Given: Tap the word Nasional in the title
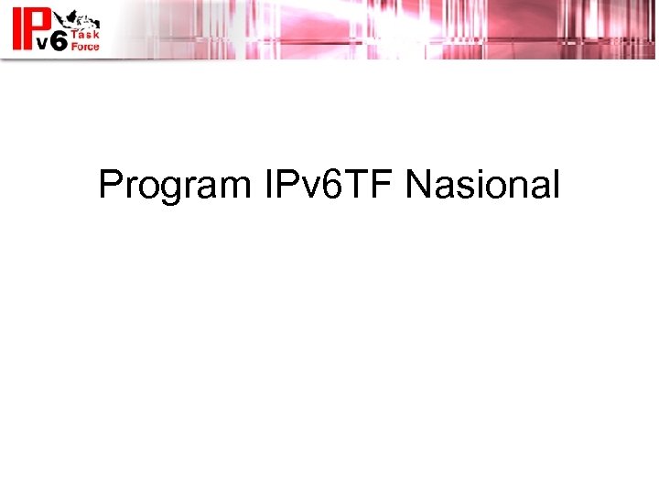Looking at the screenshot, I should pyautogui.click(x=481, y=185).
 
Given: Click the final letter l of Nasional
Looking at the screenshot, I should pyautogui.click(x=554, y=185).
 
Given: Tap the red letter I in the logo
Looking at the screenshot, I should pyautogui.click(x=16, y=28).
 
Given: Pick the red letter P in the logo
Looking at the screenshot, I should pyautogui.click(x=37, y=21).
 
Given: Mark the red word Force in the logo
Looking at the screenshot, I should pyautogui.click(x=85, y=46).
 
